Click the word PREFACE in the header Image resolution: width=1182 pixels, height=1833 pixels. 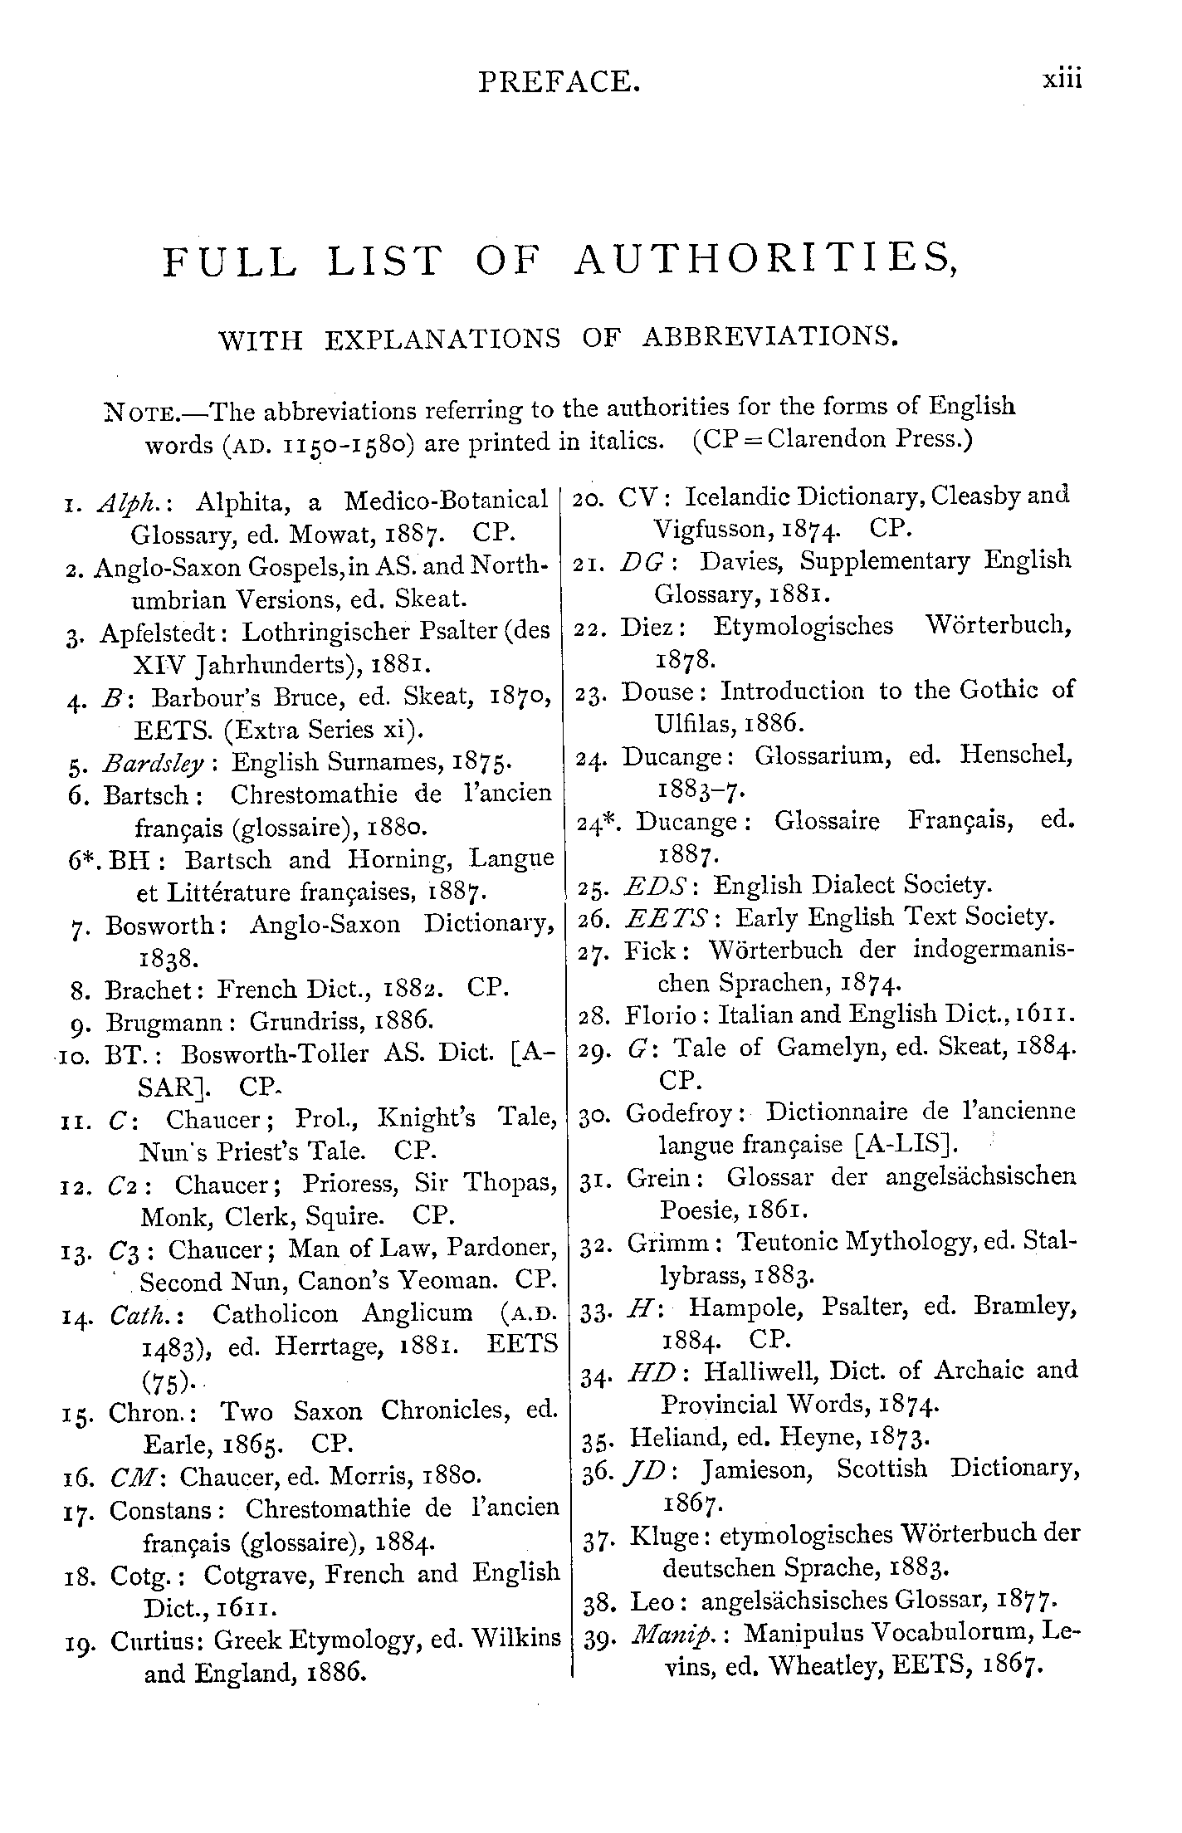559,81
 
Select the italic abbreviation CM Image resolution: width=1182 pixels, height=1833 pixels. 128,1477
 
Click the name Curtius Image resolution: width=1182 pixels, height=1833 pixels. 157,1640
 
